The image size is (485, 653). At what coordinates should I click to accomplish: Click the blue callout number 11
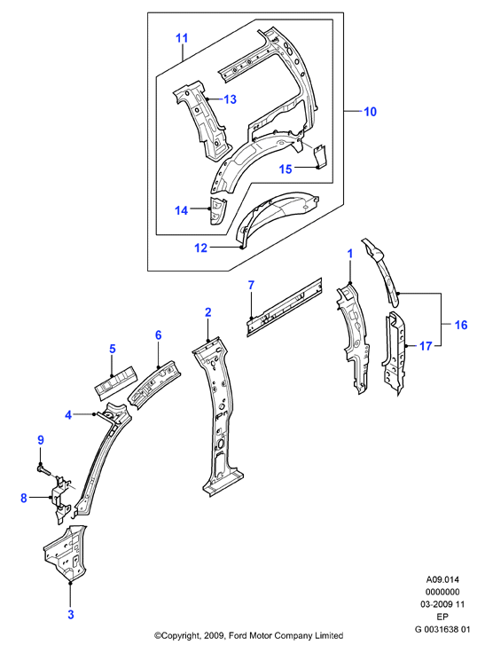click(182, 38)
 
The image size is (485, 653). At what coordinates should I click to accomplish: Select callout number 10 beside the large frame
click(370, 112)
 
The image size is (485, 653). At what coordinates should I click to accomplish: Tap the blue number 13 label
click(230, 99)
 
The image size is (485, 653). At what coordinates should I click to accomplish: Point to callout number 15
click(286, 169)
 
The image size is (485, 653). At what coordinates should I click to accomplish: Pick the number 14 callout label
click(182, 211)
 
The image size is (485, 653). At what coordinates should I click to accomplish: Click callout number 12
click(200, 248)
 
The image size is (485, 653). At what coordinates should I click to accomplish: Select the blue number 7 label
click(251, 286)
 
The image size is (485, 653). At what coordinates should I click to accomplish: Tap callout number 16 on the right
click(461, 325)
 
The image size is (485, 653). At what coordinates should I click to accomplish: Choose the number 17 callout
click(425, 346)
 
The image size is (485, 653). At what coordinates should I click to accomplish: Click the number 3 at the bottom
click(71, 614)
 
